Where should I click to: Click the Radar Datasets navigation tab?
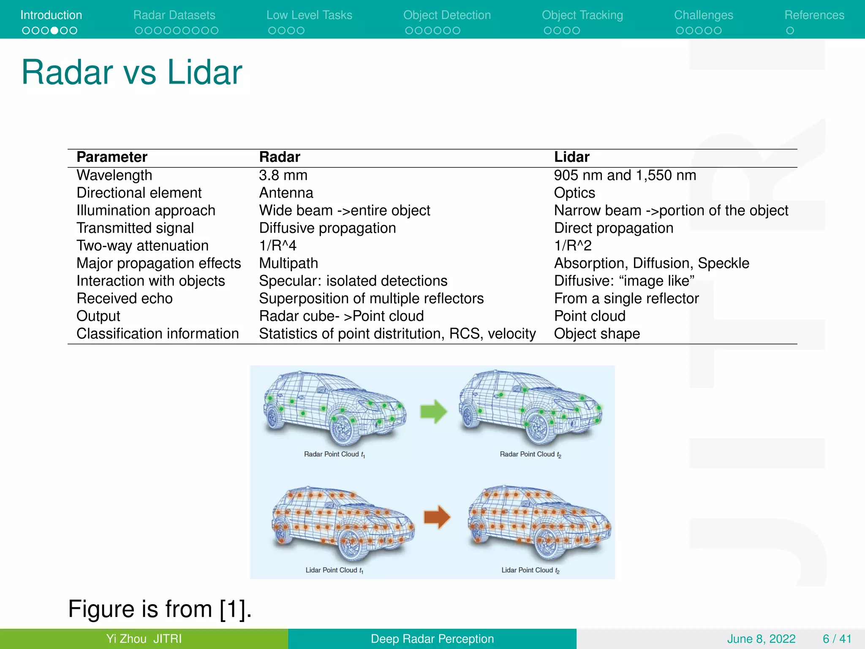pyautogui.click(x=174, y=15)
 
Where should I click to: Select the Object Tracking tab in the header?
pyautogui.click(x=582, y=15)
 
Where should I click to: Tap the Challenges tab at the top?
pyautogui.click(x=703, y=15)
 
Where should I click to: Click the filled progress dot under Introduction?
pyautogui.click(x=54, y=30)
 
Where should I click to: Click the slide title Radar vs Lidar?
pyautogui.click(x=132, y=72)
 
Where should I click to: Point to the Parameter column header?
pyautogui.click(x=112, y=157)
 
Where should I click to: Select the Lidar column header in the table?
pyautogui.click(x=571, y=157)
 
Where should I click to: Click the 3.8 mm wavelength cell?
pyautogui.click(x=283, y=175)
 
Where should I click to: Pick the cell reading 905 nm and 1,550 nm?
pyautogui.click(x=625, y=175)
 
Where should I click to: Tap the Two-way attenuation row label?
pyautogui.click(x=142, y=245)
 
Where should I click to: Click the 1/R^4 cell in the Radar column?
pyautogui.click(x=277, y=245)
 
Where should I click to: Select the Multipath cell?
pyautogui.click(x=288, y=263)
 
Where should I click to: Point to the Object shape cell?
pyautogui.click(x=597, y=334)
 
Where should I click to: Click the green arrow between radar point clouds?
pyautogui.click(x=433, y=411)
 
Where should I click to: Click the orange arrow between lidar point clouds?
pyautogui.click(x=437, y=517)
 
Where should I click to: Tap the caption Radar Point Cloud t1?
pyautogui.click(x=334, y=454)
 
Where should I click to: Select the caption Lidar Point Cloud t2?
pyautogui.click(x=530, y=570)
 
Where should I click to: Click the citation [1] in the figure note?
pyautogui.click(x=235, y=609)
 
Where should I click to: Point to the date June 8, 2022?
pyautogui.click(x=761, y=639)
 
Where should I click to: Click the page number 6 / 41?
pyautogui.click(x=837, y=639)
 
